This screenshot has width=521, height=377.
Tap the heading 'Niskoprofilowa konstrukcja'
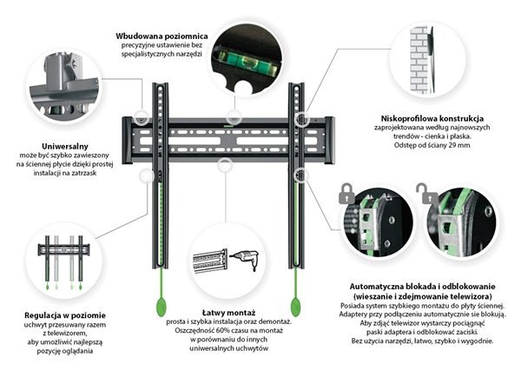click(x=432, y=118)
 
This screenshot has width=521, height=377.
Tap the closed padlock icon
click(x=345, y=188)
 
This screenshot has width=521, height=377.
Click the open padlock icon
click(x=424, y=190)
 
